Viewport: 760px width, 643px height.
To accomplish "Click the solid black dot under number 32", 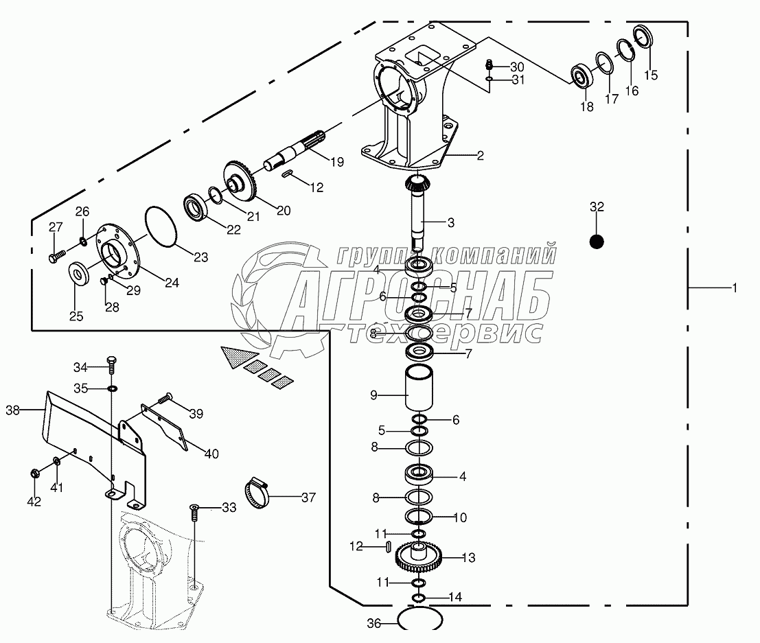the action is tap(596, 242).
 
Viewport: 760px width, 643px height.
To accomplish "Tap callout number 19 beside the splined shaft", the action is tap(336, 162).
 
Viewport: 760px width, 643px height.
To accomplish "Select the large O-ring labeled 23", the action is tap(162, 226).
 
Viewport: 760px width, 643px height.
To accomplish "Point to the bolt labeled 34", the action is tap(111, 364).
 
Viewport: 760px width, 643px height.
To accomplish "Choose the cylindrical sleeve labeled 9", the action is tap(419, 388).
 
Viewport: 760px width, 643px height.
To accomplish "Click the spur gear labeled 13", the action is tap(418, 557).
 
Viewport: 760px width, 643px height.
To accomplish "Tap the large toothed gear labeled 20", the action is tap(240, 181).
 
